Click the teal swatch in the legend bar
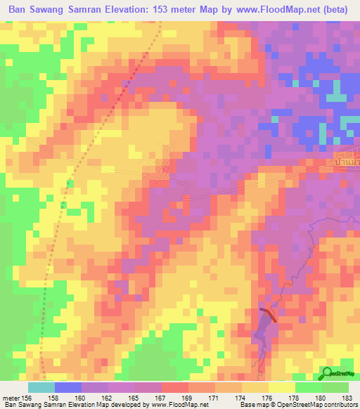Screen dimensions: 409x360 pos(41,387)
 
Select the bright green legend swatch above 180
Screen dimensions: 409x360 pos(309,387)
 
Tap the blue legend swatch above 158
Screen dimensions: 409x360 pos(68,387)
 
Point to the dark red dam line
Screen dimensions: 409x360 pos(268,314)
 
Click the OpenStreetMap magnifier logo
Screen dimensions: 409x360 pos(327,374)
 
